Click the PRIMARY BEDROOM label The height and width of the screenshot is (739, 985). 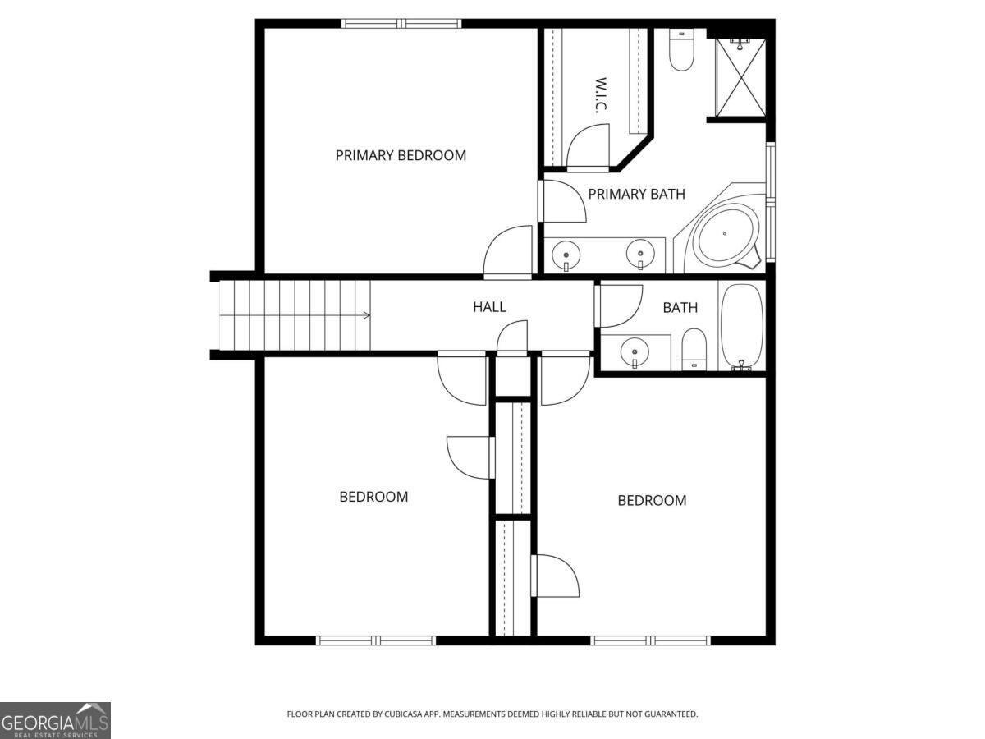tap(401, 155)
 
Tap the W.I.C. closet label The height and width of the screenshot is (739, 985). tap(600, 97)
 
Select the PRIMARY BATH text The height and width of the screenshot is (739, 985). tap(636, 195)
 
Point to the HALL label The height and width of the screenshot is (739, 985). tap(489, 307)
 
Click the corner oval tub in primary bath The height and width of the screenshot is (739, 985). tap(724, 235)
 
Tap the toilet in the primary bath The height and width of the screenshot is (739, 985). tap(681, 50)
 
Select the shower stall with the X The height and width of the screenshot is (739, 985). tap(740, 78)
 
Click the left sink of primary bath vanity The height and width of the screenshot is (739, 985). tap(566, 254)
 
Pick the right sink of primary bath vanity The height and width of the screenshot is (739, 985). tap(640, 254)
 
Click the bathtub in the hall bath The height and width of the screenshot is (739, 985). tap(742, 327)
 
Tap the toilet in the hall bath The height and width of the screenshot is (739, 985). tap(694, 349)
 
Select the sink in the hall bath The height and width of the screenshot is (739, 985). tap(634, 351)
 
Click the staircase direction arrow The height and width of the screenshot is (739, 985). tap(366, 315)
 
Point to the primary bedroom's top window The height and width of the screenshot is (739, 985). tap(401, 24)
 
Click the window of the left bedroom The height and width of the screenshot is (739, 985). tap(376, 640)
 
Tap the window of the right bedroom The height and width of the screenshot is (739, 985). tap(650, 640)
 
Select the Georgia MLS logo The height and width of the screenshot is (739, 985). tap(54, 720)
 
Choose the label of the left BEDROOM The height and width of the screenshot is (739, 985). tap(373, 497)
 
